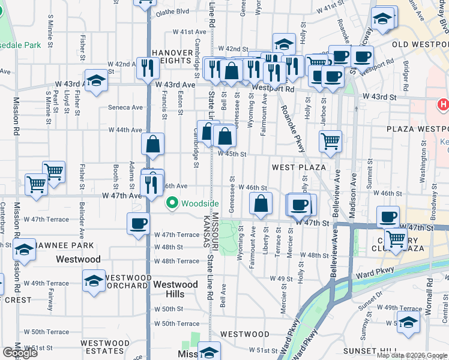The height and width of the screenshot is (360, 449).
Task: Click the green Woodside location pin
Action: (x=173, y=204)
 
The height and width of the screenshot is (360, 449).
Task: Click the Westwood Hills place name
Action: (x=175, y=284)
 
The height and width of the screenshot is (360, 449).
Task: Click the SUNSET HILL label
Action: (x=370, y=350)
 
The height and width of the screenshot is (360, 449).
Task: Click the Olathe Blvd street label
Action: (x=172, y=11)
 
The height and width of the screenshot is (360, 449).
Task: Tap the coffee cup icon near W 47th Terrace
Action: (x=138, y=224)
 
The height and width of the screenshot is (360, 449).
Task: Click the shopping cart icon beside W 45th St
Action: (x=330, y=142)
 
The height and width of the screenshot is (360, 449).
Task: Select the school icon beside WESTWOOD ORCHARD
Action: (x=94, y=280)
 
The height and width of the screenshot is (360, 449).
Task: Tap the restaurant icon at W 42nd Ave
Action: (x=145, y=67)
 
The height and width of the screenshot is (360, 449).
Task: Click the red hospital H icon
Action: (x=444, y=104)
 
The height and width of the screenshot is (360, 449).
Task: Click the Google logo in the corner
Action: (x=20, y=353)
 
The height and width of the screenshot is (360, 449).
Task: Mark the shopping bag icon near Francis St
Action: (x=154, y=144)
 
